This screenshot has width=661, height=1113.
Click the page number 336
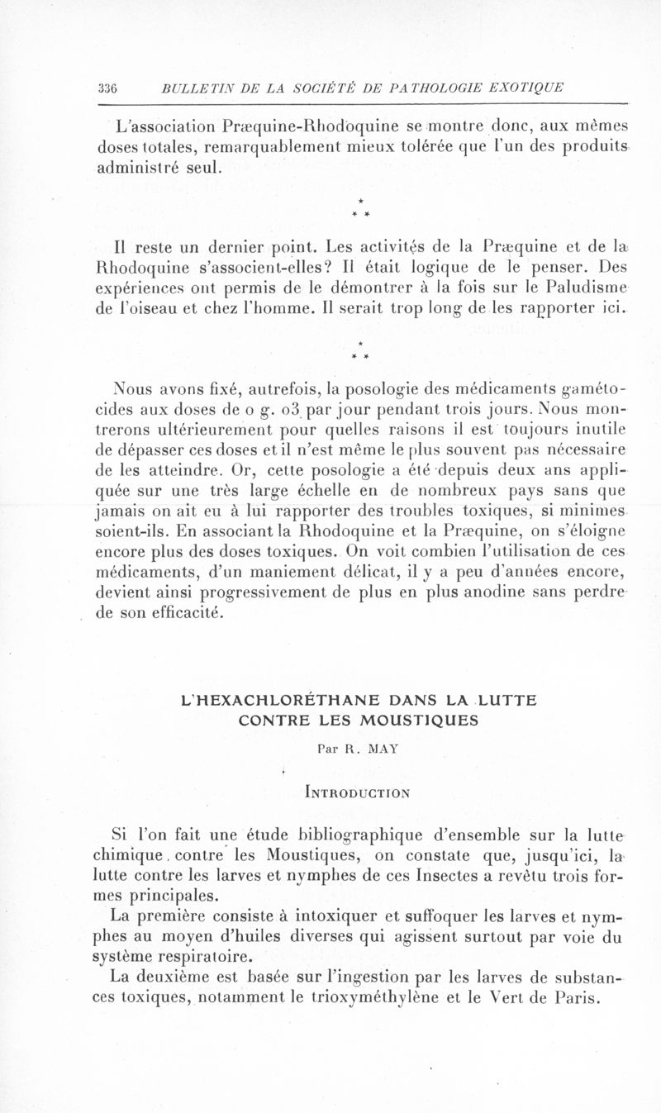click(x=108, y=88)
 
